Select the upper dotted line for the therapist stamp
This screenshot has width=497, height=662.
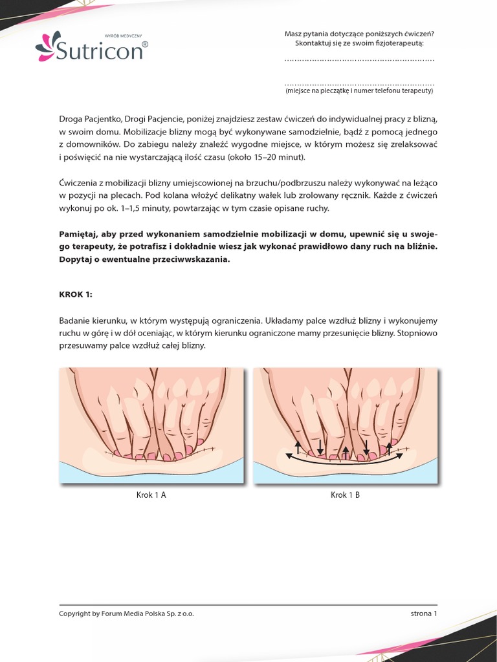[x=359, y=60]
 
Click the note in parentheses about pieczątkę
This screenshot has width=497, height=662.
[x=359, y=91]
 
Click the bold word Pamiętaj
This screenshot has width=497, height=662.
[x=81, y=233]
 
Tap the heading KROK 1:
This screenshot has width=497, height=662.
[x=76, y=294]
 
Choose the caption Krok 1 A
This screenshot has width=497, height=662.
[x=151, y=495]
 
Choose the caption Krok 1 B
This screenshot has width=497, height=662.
[x=345, y=495]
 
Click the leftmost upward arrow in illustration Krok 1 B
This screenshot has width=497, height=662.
[x=298, y=446]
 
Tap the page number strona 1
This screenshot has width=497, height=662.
[x=424, y=614]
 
